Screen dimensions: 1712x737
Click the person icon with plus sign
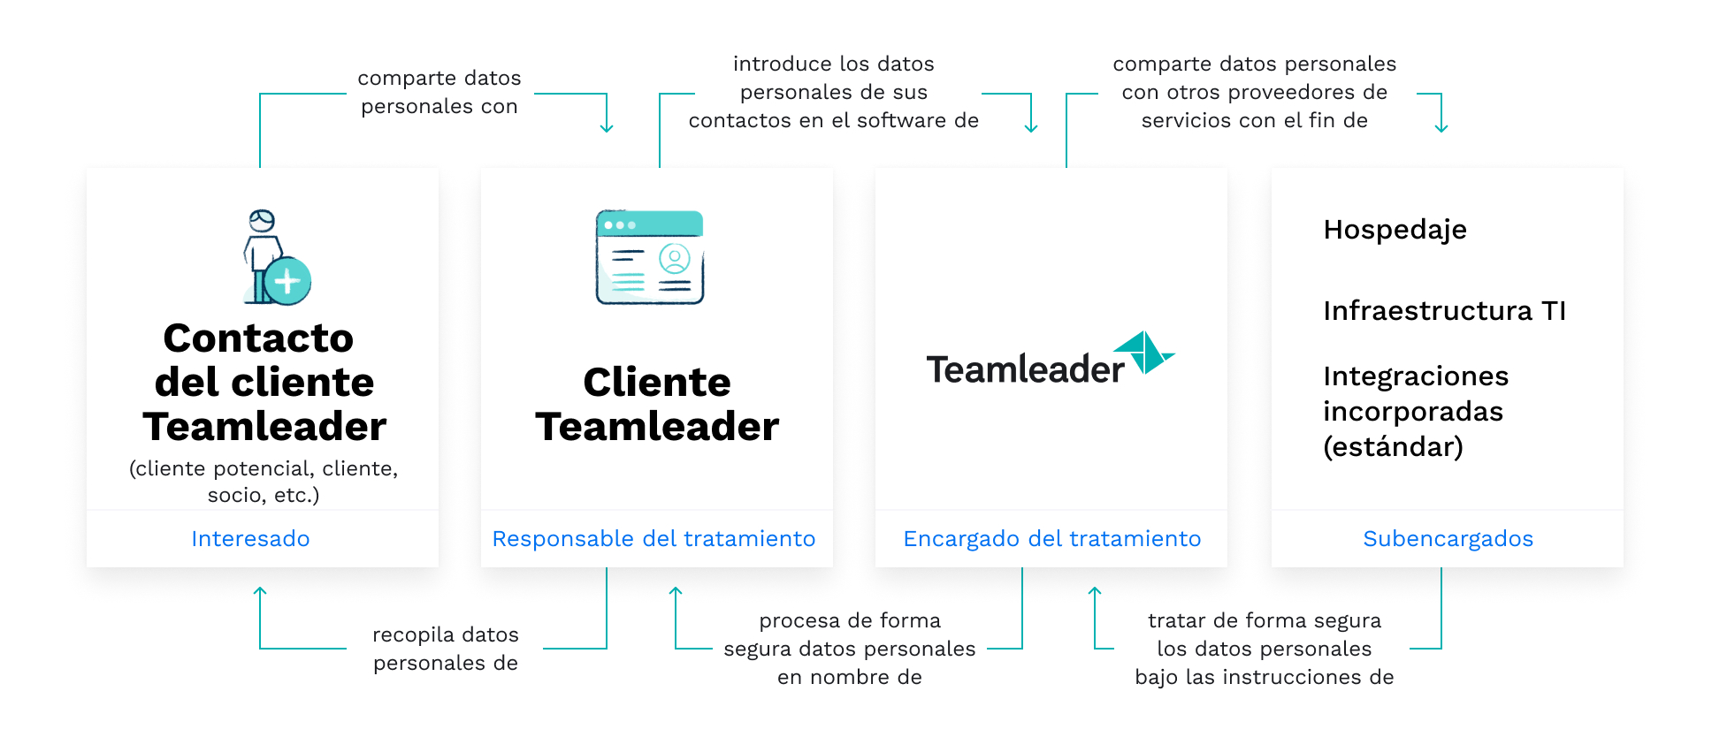(276, 257)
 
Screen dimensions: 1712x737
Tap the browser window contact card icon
(650, 257)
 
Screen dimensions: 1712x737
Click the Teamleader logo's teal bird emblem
(1143, 353)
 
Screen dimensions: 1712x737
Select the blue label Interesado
(250, 538)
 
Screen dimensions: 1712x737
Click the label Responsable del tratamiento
(653, 538)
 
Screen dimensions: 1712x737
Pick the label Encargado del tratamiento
(1051, 538)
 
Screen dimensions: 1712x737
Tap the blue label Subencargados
(1448, 538)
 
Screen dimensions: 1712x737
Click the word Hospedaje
(1395, 230)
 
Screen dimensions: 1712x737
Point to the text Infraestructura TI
(1444, 310)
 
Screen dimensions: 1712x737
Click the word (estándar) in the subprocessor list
(1393, 446)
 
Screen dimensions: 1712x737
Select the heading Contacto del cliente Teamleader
(264, 382)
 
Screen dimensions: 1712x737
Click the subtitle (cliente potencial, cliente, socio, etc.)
(264, 482)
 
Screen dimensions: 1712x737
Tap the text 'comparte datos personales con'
(439, 92)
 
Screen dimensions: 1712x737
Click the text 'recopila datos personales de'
(446, 649)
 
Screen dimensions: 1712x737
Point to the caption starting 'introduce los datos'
(834, 92)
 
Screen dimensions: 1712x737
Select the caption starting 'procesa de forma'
(850, 649)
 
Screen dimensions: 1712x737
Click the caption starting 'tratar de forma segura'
(1265, 649)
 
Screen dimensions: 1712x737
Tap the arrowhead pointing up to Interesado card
(260, 590)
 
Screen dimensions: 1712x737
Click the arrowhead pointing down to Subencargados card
(1441, 129)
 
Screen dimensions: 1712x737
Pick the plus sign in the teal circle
(287, 281)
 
